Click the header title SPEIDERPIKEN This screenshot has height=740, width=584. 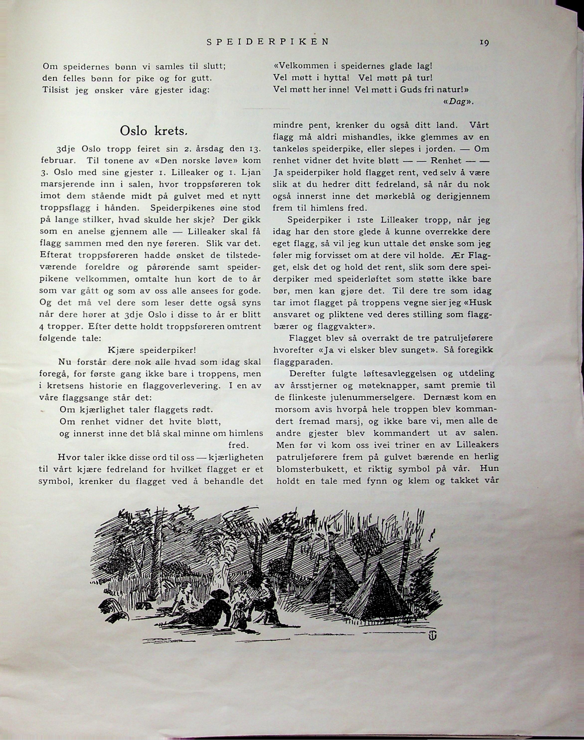(x=268, y=42)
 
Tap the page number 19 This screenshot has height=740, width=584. (x=484, y=42)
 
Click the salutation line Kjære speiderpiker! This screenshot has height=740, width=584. (x=152, y=350)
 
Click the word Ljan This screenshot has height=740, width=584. (x=251, y=172)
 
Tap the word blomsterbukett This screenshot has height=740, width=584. (x=309, y=469)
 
